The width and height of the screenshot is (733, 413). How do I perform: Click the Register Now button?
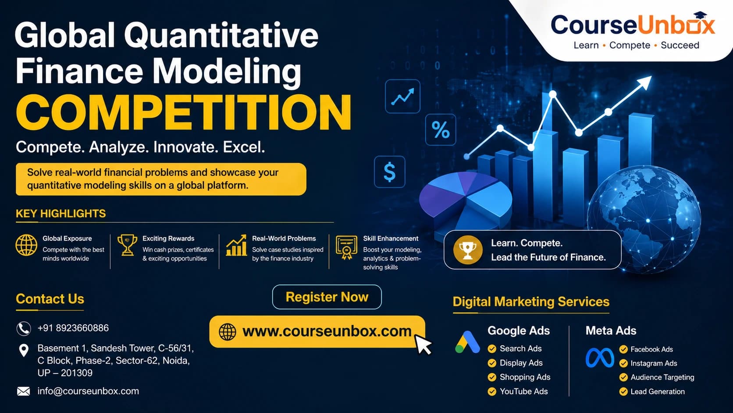click(327, 297)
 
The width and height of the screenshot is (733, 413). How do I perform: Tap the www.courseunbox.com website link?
click(326, 331)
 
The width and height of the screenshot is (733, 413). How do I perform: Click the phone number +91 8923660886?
click(73, 328)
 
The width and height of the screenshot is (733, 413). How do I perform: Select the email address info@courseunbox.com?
click(88, 391)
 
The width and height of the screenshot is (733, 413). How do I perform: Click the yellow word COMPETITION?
click(184, 112)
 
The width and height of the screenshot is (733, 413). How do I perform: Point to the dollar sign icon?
click(389, 172)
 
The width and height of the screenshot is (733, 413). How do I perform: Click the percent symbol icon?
click(441, 130)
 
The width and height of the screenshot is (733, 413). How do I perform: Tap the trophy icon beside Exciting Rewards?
click(127, 245)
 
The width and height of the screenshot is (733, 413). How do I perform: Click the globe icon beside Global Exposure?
click(26, 245)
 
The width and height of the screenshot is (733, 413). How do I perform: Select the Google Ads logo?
click(467, 342)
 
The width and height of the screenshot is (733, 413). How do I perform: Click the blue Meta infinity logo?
click(600, 358)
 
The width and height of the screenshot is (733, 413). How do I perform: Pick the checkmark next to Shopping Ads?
click(492, 377)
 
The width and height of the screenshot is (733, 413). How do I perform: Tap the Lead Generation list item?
click(657, 391)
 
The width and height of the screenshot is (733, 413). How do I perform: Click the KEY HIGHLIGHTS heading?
click(61, 214)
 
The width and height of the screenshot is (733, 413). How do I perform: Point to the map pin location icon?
click(24, 350)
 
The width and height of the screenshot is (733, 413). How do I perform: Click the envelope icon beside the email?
click(23, 391)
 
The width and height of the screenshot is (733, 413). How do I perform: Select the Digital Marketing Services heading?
click(531, 302)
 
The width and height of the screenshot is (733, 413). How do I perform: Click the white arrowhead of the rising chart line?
click(645, 82)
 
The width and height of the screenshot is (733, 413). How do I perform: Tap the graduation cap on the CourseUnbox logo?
click(701, 16)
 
